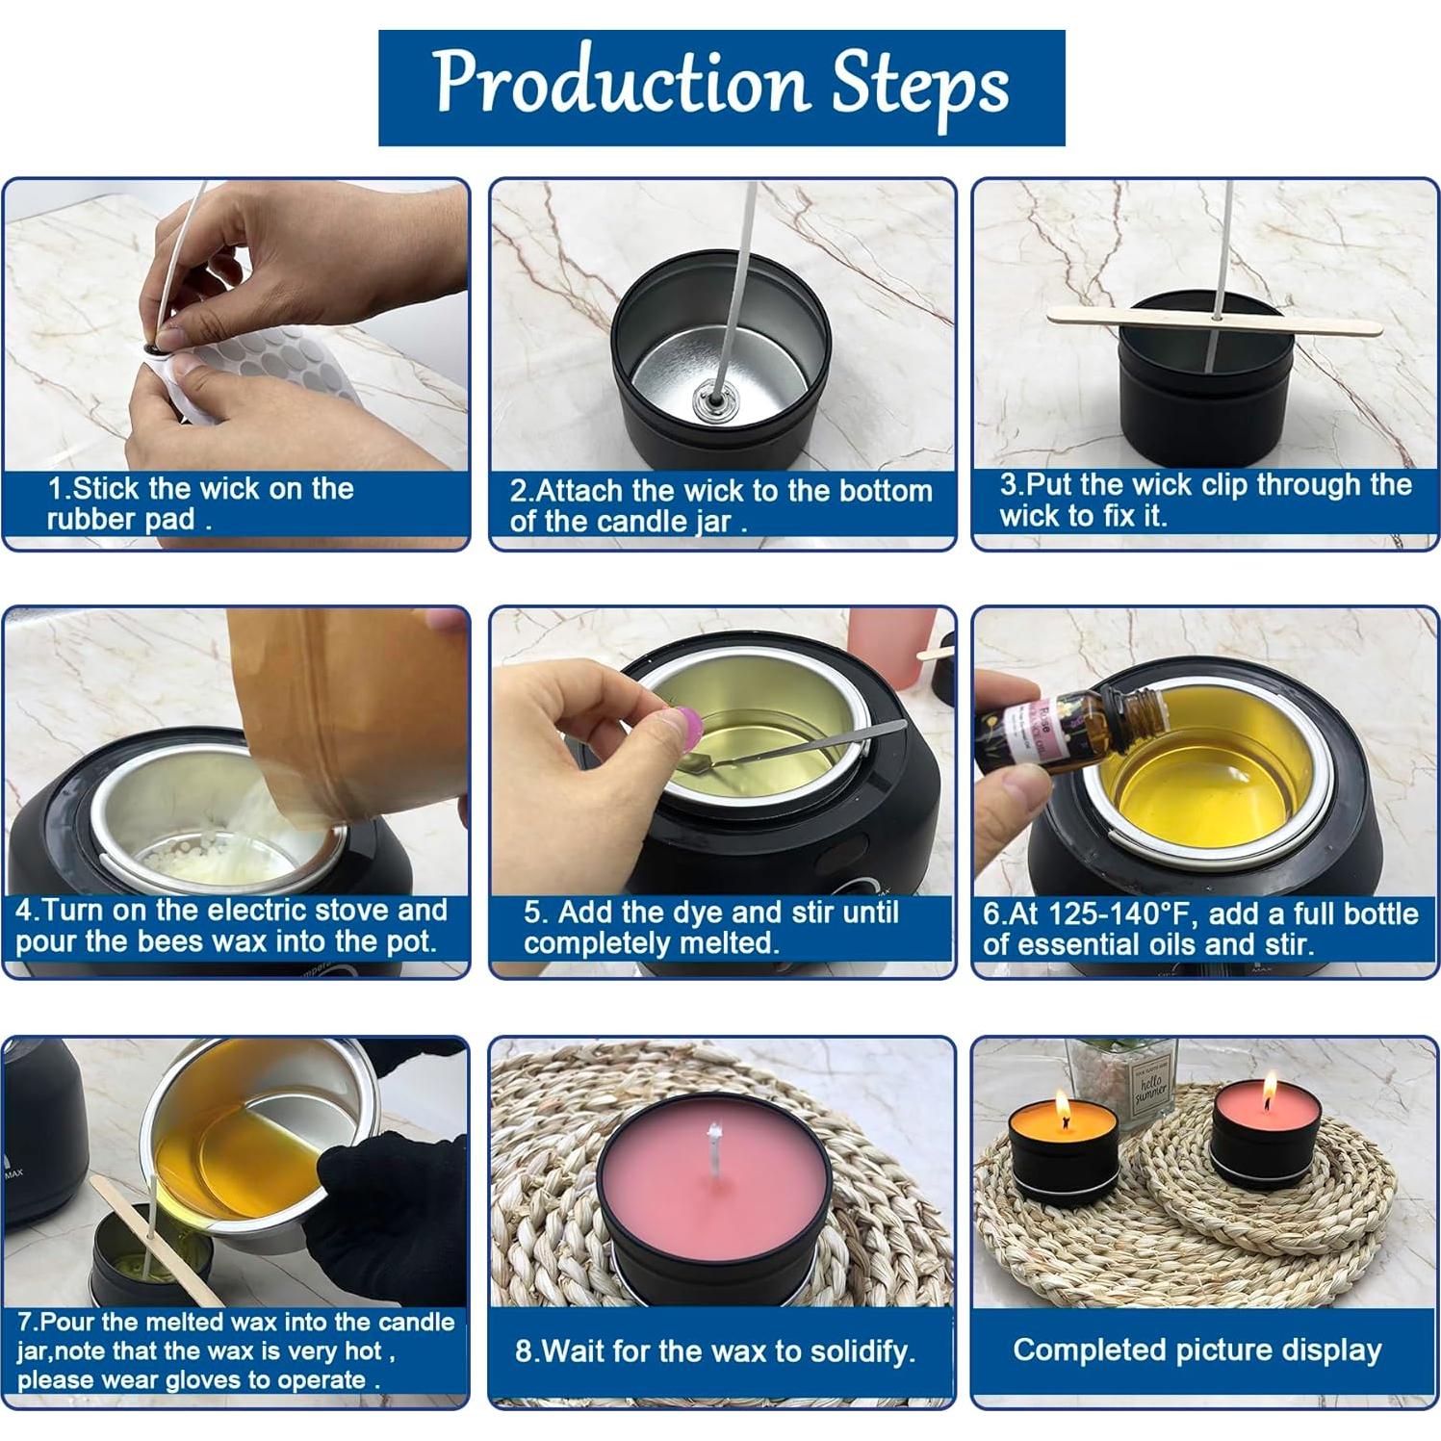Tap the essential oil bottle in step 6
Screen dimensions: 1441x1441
pos(1068,732)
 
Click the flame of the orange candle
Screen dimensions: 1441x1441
pos(1062,1105)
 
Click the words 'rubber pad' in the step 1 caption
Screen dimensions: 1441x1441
pos(120,520)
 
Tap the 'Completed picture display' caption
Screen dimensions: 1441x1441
pos(1197,1350)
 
